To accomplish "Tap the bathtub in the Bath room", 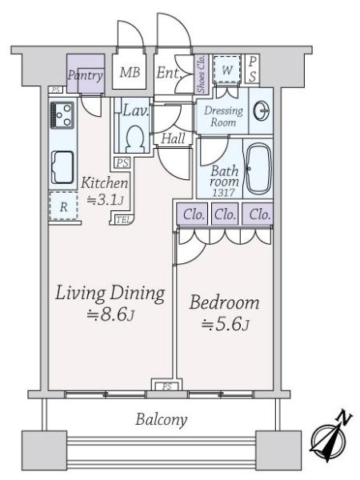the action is point(258,169).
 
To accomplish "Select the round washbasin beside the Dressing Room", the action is point(261,110).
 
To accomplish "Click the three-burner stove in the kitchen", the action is point(62,115).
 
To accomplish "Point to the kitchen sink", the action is point(62,167).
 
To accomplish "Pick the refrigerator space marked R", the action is point(63,206).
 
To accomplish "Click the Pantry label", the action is point(86,75).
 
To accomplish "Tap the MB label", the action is point(130,73).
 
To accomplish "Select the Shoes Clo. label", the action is point(201,74).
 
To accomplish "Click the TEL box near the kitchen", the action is point(124,219).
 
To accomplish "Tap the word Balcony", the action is point(161,419).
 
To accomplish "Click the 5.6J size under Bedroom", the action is point(225,324).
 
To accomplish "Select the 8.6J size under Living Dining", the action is point(110,314).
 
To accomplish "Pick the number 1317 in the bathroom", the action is point(224,193).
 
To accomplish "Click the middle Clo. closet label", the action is point(225,214).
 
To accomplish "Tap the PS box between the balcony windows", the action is point(167,386).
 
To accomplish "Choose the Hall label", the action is point(173,138).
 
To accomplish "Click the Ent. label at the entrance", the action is point(169,73).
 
